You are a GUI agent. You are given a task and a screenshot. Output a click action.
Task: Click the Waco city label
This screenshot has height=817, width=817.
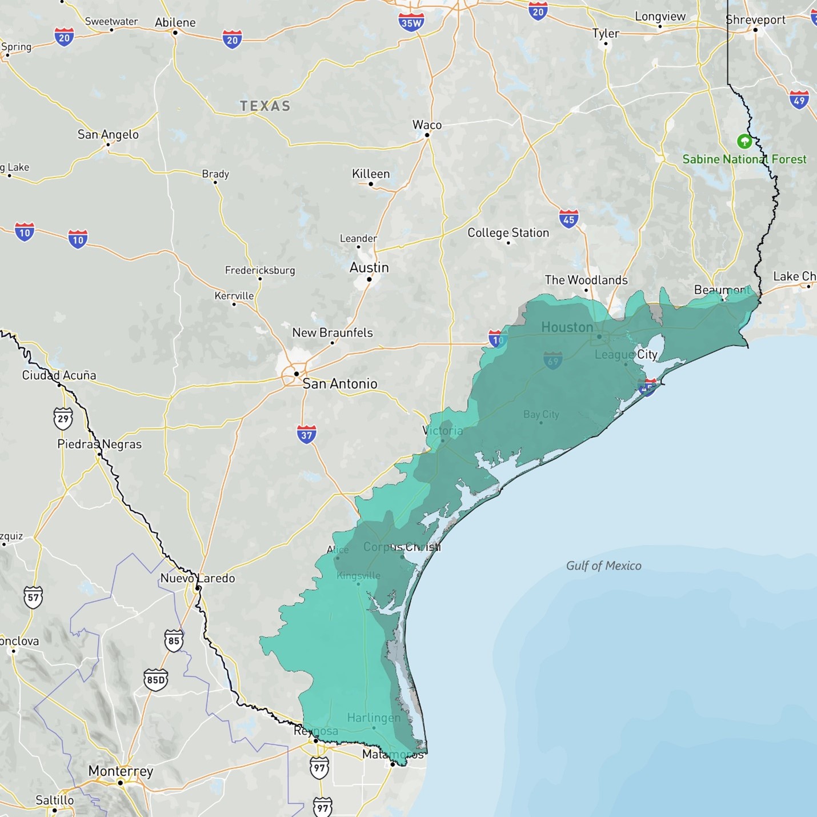(x=427, y=125)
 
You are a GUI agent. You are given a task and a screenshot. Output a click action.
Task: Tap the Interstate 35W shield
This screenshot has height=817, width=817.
(x=411, y=22)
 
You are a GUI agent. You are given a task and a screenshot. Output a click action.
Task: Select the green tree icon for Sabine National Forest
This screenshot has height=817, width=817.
(x=744, y=141)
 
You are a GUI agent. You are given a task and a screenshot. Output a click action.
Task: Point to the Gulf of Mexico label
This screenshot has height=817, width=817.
(x=603, y=566)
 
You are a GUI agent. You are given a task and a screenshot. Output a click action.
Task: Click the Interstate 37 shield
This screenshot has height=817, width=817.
(x=307, y=434)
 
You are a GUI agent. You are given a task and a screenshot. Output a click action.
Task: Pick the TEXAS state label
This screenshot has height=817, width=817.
(x=265, y=106)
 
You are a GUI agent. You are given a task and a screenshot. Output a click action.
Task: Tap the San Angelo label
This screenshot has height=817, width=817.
(x=108, y=135)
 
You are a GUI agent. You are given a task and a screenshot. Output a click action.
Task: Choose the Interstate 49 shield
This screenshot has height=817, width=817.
(x=799, y=100)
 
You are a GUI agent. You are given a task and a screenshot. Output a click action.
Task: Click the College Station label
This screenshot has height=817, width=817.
(x=508, y=233)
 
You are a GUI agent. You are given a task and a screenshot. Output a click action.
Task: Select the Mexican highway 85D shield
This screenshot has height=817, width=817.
(x=155, y=679)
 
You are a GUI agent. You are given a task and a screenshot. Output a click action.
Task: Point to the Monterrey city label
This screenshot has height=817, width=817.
(x=121, y=771)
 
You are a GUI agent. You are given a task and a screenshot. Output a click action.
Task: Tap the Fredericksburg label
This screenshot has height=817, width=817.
(x=260, y=270)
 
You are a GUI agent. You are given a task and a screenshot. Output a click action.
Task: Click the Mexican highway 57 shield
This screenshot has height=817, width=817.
(x=33, y=598)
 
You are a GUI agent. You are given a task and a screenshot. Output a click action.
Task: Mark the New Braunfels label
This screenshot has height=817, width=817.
(x=332, y=333)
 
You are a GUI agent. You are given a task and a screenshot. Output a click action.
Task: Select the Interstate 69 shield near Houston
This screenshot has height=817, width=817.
(x=552, y=361)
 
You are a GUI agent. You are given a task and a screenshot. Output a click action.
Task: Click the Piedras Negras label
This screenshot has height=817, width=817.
(x=99, y=444)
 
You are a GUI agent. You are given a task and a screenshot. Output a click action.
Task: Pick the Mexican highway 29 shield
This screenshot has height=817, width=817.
(x=63, y=418)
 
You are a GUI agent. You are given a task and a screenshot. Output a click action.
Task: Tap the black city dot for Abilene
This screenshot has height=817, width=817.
(x=175, y=33)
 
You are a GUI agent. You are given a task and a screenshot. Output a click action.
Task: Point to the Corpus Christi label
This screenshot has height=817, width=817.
(x=402, y=547)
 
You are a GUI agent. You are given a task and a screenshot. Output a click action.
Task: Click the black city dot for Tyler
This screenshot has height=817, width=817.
(x=605, y=43)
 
